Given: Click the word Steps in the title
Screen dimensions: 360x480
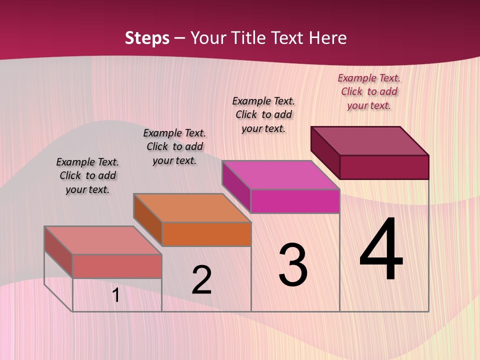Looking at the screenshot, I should pos(147,38).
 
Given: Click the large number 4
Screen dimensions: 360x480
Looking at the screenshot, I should pos(381,250).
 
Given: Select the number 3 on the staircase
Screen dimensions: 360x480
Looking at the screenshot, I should pos(293,265).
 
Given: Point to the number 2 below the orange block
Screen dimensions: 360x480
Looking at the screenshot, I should pos(201,280).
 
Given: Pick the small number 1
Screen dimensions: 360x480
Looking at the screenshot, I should pos(116,295).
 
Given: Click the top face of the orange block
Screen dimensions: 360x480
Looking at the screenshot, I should pos(192,208).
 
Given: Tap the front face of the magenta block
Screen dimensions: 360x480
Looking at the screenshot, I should pos(295,201).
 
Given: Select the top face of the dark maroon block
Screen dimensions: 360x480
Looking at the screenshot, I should pos(370,140).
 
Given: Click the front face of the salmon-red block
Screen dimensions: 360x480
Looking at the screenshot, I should pos(117,266).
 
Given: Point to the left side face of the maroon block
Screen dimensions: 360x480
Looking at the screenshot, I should pos(325,152).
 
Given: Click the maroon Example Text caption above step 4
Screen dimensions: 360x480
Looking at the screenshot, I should pos(369,91).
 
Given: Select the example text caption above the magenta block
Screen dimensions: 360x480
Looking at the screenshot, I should pos(263,114).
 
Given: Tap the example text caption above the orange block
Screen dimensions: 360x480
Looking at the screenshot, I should pos(174,146).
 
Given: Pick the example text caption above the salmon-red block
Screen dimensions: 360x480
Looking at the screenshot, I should pos(87,175).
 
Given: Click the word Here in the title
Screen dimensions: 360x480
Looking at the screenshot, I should pos(328,38).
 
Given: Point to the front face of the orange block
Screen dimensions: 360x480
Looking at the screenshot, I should pos(206,234).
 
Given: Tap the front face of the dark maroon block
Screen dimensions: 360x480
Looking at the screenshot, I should pos(384,167).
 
